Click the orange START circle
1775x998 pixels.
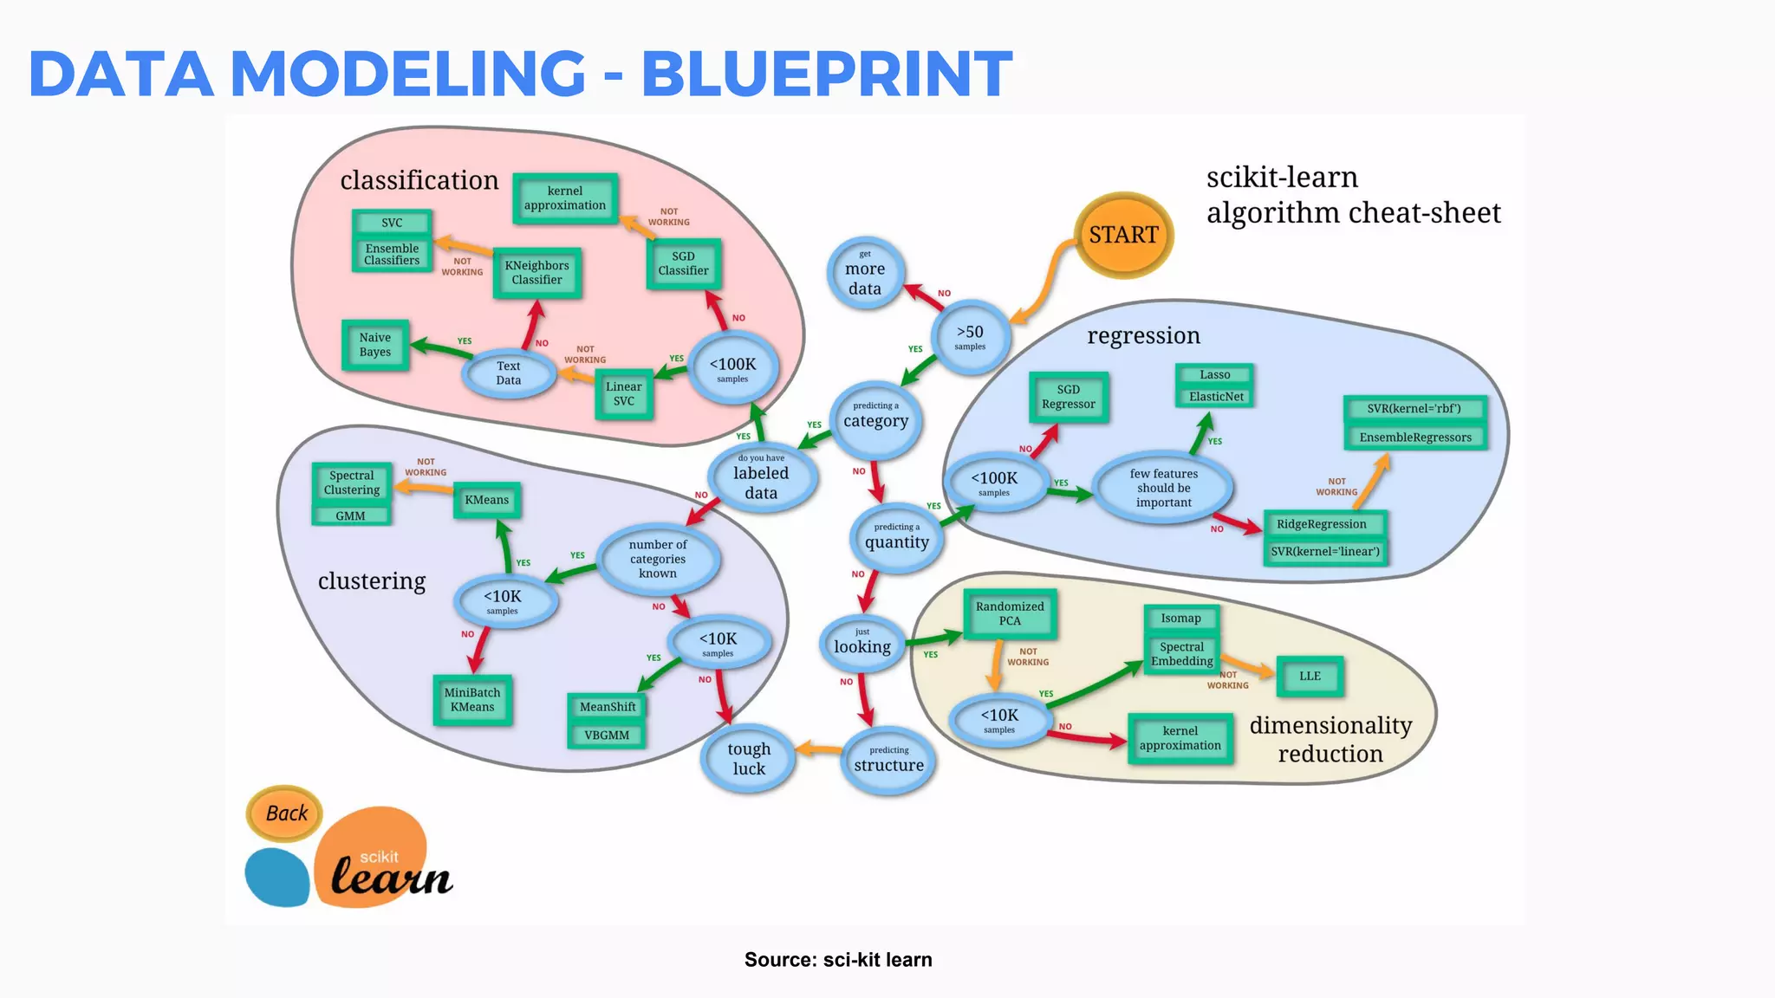(x=1123, y=235)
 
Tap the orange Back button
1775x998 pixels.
(x=285, y=813)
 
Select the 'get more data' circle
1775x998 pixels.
(x=865, y=273)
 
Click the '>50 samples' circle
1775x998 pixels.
(x=970, y=337)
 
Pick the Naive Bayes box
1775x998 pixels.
(x=375, y=345)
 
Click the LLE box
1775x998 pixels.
(x=1310, y=677)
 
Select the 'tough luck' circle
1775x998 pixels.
(x=749, y=758)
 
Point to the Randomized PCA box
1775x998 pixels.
(x=1010, y=613)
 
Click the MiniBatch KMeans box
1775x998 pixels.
(x=472, y=700)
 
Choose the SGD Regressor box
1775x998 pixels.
(x=1068, y=397)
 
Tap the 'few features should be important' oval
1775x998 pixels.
(x=1163, y=488)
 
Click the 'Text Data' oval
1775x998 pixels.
(x=509, y=373)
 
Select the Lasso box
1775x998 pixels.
(x=1215, y=375)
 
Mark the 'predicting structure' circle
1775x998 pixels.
(x=888, y=760)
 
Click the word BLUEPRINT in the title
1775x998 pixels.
(x=826, y=73)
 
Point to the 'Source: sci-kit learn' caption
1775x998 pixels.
(x=838, y=960)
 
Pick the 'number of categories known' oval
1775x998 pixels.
(x=658, y=559)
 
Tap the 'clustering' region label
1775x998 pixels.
(x=372, y=581)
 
